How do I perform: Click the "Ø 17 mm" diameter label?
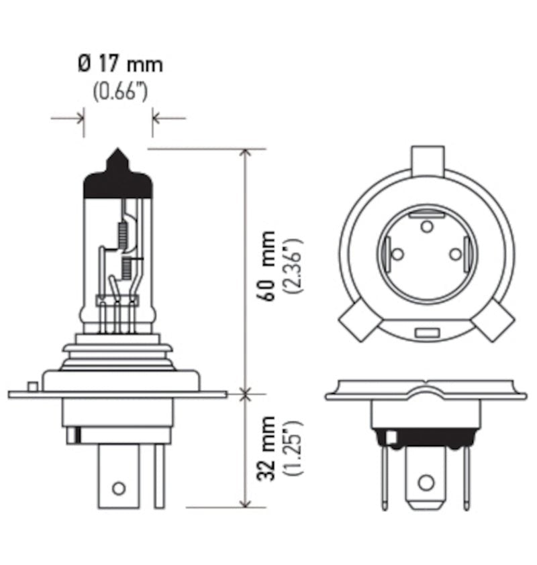(120, 64)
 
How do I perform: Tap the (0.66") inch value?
(120, 90)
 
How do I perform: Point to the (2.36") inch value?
(293, 266)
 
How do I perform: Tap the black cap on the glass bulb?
(117, 185)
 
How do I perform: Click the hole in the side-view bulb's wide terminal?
(118, 487)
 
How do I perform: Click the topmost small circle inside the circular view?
(426, 227)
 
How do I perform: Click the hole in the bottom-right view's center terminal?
(426, 483)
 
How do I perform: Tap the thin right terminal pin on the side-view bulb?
(159, 476)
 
